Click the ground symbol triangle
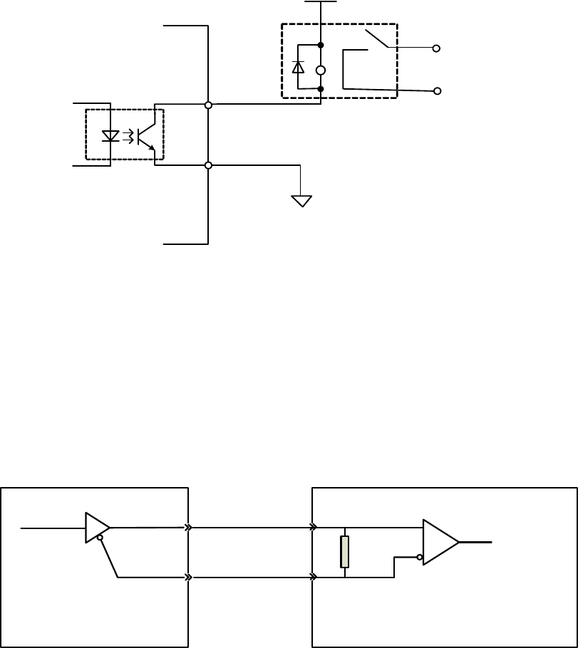tap(302, 201)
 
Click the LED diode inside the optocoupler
tap(110, 135)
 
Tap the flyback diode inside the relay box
tap(298, 67)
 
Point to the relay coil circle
tap(321, 70)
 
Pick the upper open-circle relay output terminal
tap(436, 48)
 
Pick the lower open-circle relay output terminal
tap(436, 91)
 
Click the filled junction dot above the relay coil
tap(321, 46)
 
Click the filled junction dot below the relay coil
tap(321, 89)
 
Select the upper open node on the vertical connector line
tap(208, 105)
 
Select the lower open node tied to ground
tap(208, 165)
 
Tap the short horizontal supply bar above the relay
tap(321, 2)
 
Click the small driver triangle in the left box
tap(96, 528)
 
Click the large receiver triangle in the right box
tap(440, 542)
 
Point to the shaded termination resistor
tap(345, 552)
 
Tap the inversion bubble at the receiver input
tap(420, 557)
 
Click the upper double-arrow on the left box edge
tap(188, 528)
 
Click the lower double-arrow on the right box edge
tap(313, 578)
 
